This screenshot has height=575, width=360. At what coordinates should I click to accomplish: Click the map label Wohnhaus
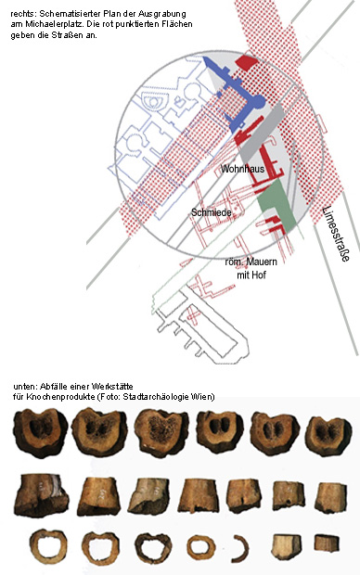coord(242,169)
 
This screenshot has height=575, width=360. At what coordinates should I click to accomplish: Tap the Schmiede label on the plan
coord(212,212)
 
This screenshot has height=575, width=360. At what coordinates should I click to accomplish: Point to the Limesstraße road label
coord(335,234)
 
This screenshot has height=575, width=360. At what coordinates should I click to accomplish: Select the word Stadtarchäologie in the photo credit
coord(159,397)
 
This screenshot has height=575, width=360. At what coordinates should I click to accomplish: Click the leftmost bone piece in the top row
coord(41,433)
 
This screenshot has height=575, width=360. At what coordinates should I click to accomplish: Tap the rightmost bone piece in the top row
coord(328,436)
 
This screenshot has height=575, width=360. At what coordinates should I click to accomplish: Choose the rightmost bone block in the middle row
coord(330,497)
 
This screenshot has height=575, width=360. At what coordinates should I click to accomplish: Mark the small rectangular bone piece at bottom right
coord(327,543)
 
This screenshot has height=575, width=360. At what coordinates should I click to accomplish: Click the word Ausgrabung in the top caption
coord(162,14)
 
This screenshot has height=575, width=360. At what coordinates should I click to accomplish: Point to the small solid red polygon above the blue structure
coord(247,62)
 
